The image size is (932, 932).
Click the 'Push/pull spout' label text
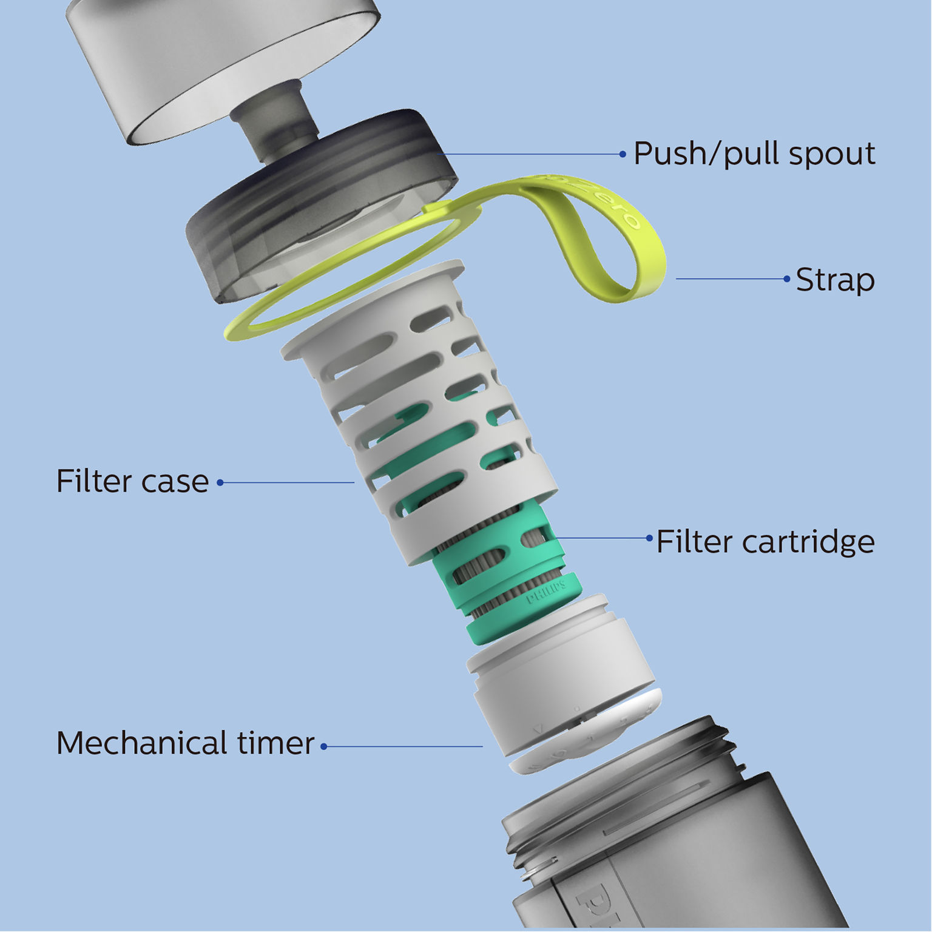click(754, 154)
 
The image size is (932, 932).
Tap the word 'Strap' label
click(835, 280)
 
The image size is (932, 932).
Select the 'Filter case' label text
click(132, 482)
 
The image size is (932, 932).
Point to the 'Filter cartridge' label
click(765, 542)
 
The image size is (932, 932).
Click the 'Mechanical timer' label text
click(185, 743)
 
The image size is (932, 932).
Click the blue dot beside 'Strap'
click(787, 279)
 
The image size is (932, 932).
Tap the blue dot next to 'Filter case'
click(220, 483)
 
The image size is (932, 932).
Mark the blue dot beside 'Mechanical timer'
click(324, 747)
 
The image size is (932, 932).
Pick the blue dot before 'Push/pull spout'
click(623, 154)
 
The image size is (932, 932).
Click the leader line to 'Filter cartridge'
click(601, 538)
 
